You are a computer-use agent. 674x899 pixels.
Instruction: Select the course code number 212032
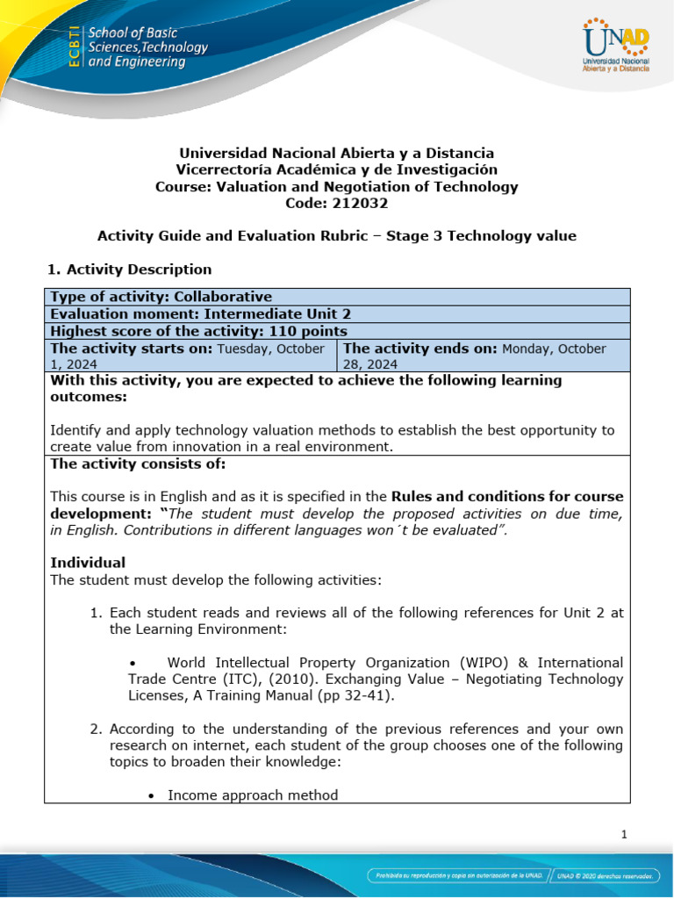(x=362, y=203)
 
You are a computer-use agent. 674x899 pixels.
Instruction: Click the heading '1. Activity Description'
(x=131, y=270)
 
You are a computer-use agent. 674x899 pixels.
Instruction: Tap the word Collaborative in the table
(x=224, y=297)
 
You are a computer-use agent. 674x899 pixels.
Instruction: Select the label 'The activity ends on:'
(x=420, y=349)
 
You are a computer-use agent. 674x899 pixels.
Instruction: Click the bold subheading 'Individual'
(x=88, y=562)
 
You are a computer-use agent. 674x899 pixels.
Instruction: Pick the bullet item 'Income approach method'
(x=253, y=795)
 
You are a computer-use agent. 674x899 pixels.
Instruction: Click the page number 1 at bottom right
(x=624, y=835)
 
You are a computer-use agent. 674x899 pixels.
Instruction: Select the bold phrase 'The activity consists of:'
(x=138, y=464)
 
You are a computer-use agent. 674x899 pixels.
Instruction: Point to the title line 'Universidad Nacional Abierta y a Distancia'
(x=337, y=153)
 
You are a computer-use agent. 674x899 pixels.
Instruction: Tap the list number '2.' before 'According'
(x=97, y=729)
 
